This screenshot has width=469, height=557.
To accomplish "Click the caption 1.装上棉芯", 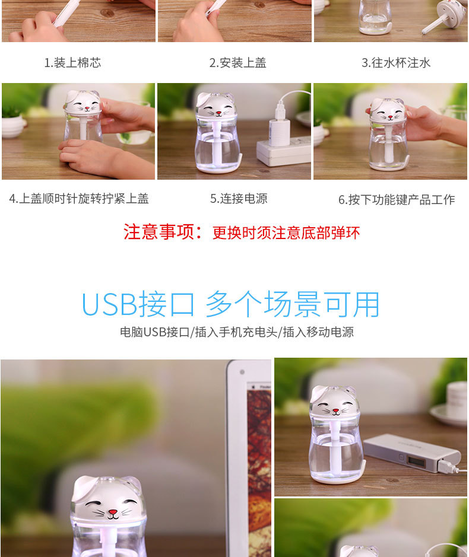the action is [72, 63].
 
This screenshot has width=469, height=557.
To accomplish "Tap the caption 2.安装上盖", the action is [237, 63].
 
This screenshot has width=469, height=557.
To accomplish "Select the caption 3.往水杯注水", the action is [396, 63].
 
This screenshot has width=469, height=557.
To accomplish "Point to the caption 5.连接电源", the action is [239, 199].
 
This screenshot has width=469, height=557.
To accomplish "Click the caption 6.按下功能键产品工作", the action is [397, 200].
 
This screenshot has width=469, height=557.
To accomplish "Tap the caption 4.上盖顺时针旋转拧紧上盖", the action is [79, 199].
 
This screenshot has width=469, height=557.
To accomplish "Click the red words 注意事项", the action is [159, 232].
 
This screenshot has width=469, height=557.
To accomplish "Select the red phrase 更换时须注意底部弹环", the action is [286, 233].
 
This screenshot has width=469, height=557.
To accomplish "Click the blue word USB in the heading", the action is [109, 304].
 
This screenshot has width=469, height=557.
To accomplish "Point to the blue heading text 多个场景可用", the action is [293, 304].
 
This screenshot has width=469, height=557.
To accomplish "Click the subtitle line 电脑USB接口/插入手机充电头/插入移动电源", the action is [237, 332].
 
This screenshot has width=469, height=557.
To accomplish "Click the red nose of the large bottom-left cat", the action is [113, 513].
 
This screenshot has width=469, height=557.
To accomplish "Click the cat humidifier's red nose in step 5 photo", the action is [218, 113].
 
